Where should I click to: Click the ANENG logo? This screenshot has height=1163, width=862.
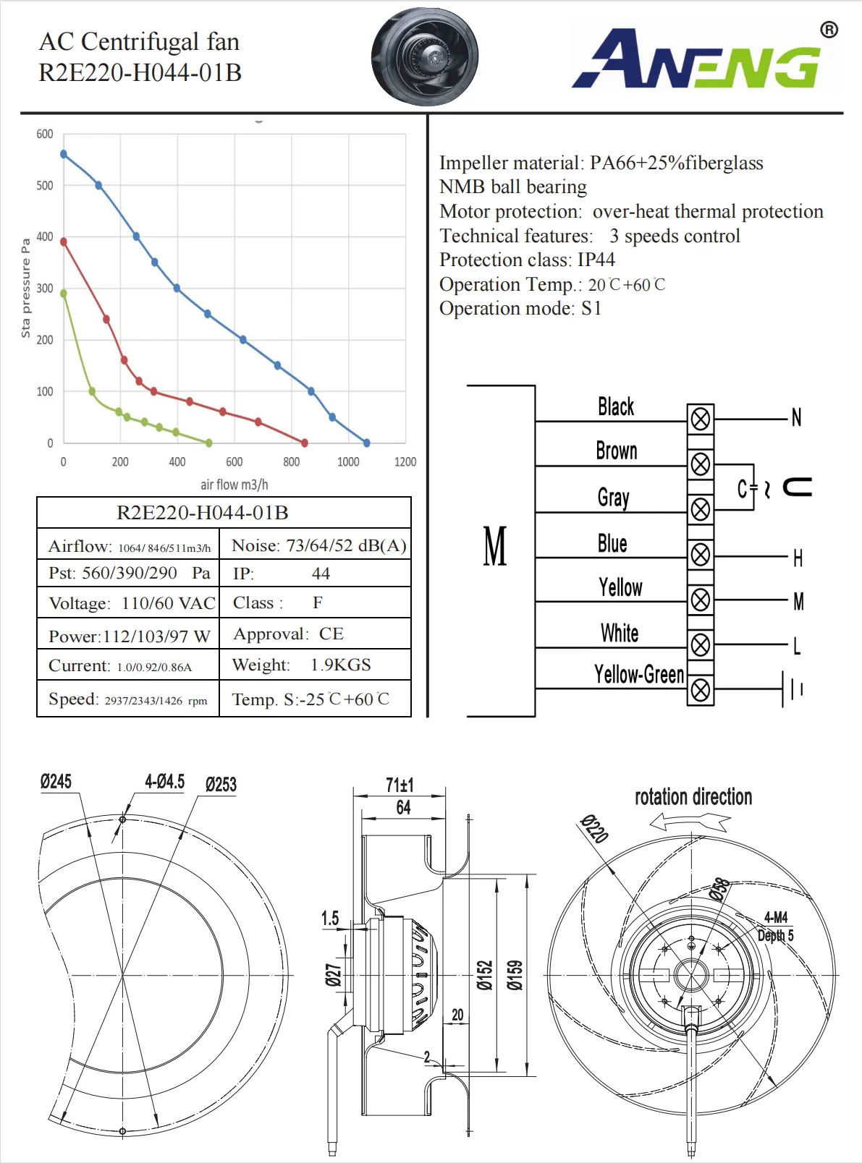(706, 58)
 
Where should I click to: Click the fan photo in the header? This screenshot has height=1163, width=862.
(424, 56)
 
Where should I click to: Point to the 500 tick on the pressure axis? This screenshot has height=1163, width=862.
(45, 186)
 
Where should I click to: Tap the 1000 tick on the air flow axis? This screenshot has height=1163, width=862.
(348, 461)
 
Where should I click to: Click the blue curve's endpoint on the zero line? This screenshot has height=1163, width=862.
(366, 443)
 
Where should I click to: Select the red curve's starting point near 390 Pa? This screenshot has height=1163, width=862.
(64, 242)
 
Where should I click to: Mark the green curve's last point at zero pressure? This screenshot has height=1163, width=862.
(209, 443)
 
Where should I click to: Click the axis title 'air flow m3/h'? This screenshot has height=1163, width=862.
(234, 485)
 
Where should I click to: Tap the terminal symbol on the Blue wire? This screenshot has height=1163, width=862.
(700, 555)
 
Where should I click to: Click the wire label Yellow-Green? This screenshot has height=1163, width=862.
(638, 675)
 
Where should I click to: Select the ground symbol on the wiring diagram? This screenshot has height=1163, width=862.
(792, 689)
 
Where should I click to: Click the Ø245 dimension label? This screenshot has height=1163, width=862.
(56, 782)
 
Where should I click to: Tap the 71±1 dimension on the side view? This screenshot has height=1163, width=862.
(400, 785)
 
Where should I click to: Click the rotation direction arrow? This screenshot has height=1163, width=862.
(690, 822)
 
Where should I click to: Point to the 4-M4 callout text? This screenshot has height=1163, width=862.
(775, 917)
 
